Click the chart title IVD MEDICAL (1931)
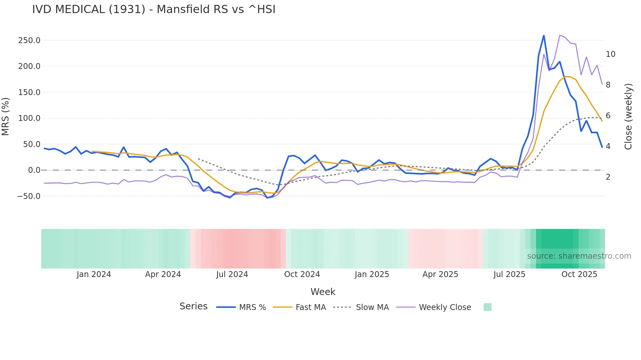pyautogui.click(x=154, y=9)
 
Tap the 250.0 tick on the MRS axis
pyautogui.click(x=29, y=41)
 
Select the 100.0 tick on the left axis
pyautogui.click(x=29, y=118)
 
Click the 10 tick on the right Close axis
pyautogui.click(x=610, y=54)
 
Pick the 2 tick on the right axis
pyautogui.click(x=608, y=177)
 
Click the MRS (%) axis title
pyautogui.click(x=6, y=117)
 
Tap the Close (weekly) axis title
pyautogui.click(x=628, y=117)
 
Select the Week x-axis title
pyautogui.click(x=323, y=292)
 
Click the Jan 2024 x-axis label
pyautogui.click(x=94, y=274)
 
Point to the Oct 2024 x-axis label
pyautogui.click(x=302, y=274)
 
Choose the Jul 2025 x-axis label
pyautogui.click(x=509, y=274)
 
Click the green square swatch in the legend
pyautogui.click(x=487, y=307)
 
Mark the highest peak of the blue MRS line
pyautogui.click(x=544, y=35)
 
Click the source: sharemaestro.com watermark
pyautogui.click(x=579, y=256)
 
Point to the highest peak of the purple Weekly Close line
pyautogui.click(x=560, y=35)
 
